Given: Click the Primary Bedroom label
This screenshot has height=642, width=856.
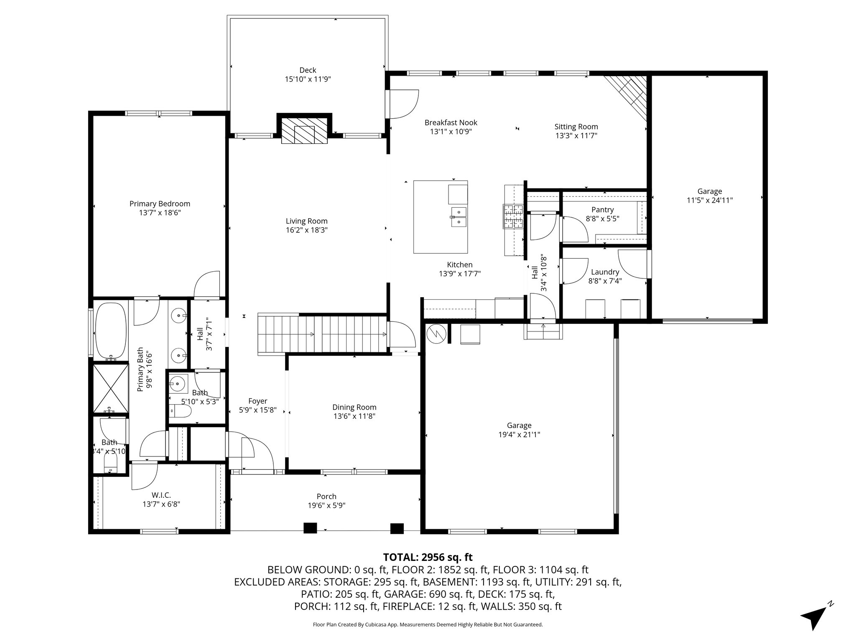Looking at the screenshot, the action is tap(160, 204).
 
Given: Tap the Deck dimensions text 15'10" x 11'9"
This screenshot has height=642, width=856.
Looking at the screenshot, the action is tap(308, 79).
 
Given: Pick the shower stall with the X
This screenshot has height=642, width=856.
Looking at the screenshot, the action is tap(111, 388).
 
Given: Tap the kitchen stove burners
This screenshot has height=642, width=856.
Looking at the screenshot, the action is tap(513, 217).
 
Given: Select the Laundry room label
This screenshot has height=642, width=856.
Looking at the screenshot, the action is tap(605, 272).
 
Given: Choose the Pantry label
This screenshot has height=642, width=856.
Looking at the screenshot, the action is tap(603, 209).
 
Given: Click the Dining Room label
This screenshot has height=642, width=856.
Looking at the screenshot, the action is tap(354, 407).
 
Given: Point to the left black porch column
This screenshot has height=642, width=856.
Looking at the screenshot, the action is tap(310, 528).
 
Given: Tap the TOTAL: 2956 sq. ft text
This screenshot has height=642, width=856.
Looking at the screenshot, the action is tap(428, 557).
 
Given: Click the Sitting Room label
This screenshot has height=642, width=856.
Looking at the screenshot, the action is tap(576, 127).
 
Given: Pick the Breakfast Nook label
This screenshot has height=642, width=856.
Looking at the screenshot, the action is tap(451, 122).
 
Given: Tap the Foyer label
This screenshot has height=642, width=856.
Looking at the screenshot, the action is tap(257, 401).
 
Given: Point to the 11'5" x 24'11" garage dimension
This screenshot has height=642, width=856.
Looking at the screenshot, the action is tap(710, 200).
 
